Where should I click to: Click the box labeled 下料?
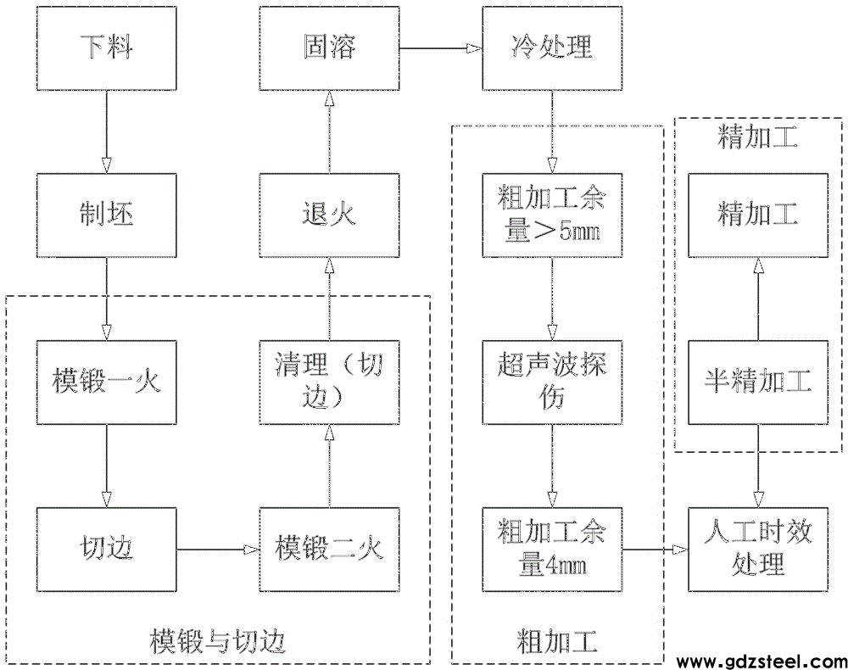107,47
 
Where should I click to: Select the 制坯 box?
107,215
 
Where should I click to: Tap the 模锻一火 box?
107,382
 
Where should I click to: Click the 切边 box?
107,549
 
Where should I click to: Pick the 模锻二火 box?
329,549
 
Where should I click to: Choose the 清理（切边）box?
329,382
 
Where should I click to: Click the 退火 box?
329,215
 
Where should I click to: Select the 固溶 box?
329,47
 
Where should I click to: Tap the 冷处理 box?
552,47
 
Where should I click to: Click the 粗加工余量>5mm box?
552,215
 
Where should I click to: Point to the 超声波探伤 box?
552,382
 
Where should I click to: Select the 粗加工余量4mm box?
552,549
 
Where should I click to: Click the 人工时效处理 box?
757,549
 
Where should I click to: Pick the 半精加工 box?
757,382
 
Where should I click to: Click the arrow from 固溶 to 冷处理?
440,48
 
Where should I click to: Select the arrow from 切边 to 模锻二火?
218,550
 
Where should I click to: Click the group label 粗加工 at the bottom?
556,640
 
